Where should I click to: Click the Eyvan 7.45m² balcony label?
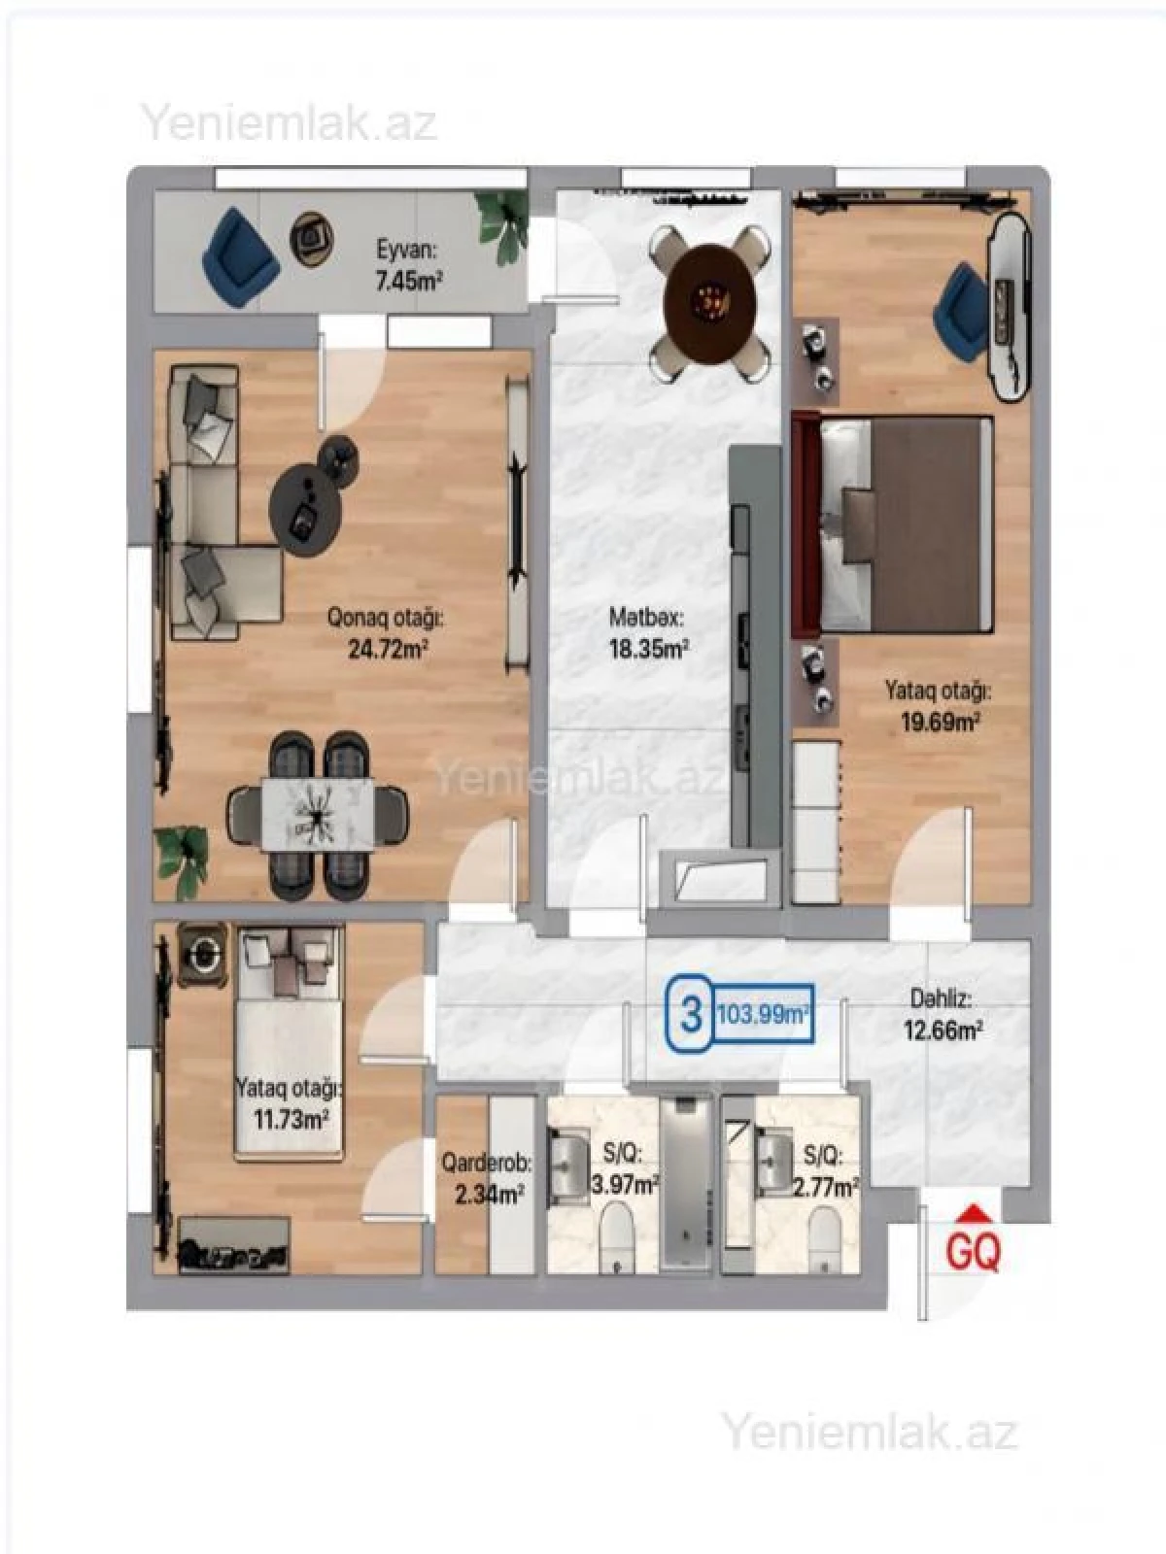(409, 265)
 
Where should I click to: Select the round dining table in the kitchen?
(709, 301)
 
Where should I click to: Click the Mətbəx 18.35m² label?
(647, 633)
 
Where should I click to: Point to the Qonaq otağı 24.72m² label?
(386, 633)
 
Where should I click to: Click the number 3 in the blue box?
(691, 1016)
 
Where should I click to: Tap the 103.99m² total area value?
(764, 1016)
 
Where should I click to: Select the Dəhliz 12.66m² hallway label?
(942, 1014)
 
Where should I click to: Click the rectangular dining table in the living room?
(317, 814)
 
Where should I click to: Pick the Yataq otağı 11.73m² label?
(290, 1103)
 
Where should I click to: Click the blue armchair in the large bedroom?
(960, 303)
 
